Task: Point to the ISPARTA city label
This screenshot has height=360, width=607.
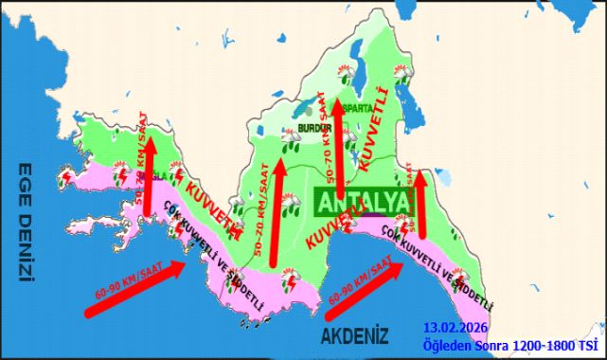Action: coord(359,108)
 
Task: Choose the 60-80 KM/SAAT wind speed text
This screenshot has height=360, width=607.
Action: coord(358,278)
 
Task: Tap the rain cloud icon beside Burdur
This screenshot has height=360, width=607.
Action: coord(290,139)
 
